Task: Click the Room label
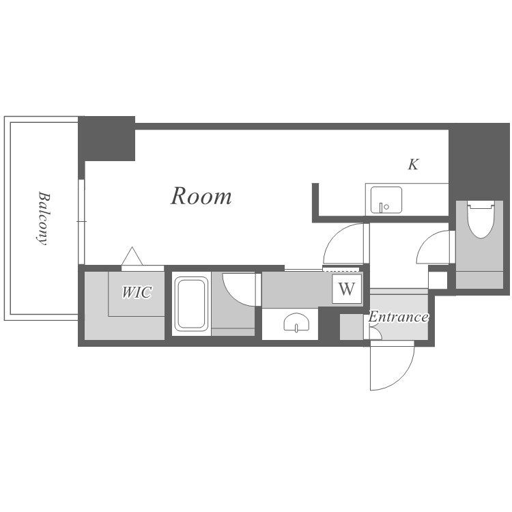click(x=201, y=196)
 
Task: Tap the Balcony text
click(x=43, y=218)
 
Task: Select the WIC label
click(x=137, y=292)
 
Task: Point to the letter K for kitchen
click(x=413, y=165)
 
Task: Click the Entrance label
click(x=399, y=317)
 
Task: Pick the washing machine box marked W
click(x=347, y=289)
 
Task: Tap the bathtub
click(x=191, y=304)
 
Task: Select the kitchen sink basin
click(x=386, y=200)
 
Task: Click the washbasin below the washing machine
click(x=296, y=323)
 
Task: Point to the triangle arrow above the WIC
click(x=132, y=256)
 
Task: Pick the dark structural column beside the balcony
click(x=106, y=139)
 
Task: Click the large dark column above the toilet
click(x=479, y=162)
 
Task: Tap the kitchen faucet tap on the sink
click(x=381, y=208)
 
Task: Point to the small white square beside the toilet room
click(x=438, y=280)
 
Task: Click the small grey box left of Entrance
click(x=352, y=327)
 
